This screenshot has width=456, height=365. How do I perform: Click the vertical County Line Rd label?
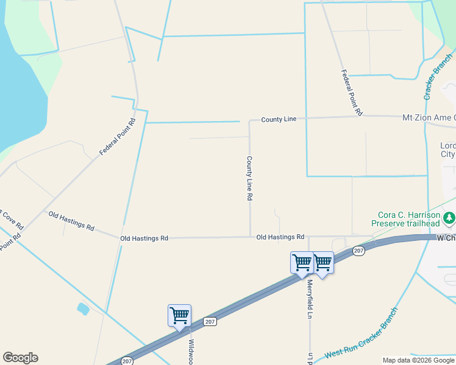(249, 178)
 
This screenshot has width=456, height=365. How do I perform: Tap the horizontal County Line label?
(279, 119)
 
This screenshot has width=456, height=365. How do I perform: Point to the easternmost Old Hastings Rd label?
(280, 237)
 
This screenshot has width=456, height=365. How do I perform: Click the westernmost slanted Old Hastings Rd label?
(71, 220)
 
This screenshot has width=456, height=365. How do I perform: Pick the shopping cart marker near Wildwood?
(179, 316)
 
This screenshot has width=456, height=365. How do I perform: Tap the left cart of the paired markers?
(302, 263)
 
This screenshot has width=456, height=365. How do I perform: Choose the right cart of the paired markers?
(322, 263)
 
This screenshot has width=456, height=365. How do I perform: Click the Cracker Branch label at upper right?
(437, 77)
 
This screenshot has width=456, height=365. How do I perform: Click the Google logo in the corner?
(20, 358)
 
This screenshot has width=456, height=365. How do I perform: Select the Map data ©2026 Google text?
(418, 360)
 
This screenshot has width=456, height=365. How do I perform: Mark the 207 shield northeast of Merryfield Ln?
(358, 251)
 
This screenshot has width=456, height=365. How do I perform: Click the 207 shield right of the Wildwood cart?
(210, 321)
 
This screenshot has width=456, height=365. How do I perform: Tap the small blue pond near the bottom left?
(83, 308)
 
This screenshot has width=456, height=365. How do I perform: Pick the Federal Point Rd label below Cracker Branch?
(352, 92)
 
